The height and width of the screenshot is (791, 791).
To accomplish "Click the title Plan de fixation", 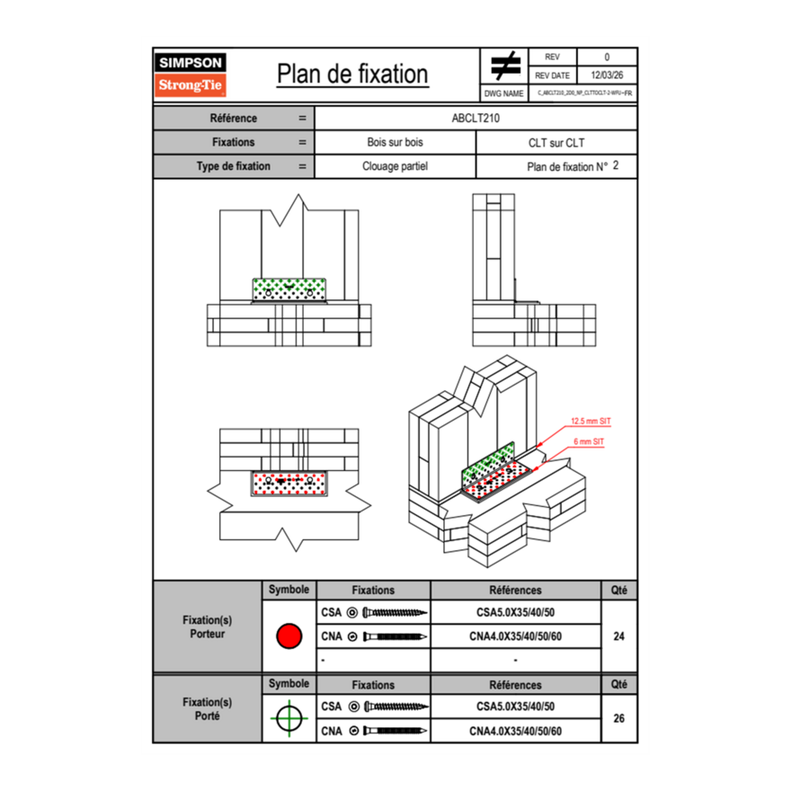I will pos(352,74).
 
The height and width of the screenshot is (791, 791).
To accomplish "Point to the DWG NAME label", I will pos(503,93).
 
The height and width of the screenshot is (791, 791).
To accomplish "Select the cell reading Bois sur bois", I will pos(395,142).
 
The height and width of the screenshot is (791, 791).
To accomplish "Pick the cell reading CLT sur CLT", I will pos(556,142).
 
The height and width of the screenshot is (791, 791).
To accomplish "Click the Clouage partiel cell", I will pos(395,166).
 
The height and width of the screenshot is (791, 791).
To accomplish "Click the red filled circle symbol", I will pos(289,636).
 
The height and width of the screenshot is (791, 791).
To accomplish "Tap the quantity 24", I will pos(618,636).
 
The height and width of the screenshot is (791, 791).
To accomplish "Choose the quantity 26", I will pos(618,718).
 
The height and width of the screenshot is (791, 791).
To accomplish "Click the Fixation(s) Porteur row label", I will pos(207,627).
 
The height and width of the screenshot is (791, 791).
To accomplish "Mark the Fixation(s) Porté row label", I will pos(207,708).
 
